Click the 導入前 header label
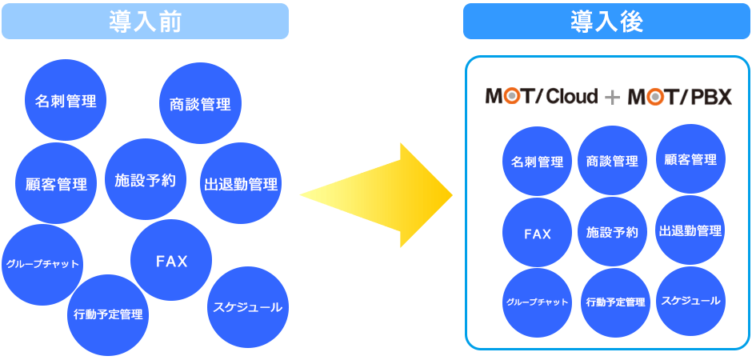(145, 22)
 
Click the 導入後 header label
(607, 22)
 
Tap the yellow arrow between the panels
(376, 195)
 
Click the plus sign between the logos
(613, 98)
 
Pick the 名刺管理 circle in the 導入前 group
(66, 101)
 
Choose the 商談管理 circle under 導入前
(200, 103)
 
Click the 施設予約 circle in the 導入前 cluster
(145, 179)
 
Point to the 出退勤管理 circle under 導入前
(240, 183)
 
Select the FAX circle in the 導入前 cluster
(170, 260)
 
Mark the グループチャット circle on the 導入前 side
(42, 264)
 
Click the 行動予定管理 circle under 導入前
(107, 314)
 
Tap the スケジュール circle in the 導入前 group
(247, 306)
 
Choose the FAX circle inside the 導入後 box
(538, 234)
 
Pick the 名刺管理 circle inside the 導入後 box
(538, 161)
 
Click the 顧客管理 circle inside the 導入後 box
(690, 159)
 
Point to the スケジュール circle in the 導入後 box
(690, 301)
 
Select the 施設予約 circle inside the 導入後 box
(612, 232)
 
